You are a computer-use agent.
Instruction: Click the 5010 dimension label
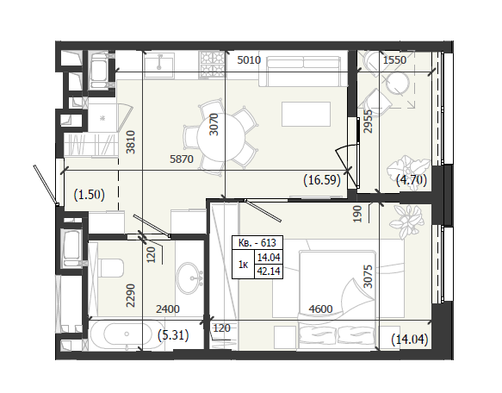click(x=249, y=60)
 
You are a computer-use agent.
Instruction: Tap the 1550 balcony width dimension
click(x=394, y=60)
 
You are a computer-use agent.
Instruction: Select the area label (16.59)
click(x=322, y=180)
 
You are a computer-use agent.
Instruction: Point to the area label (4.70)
click(x=412, y=180)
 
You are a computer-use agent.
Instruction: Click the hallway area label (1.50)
click(x=90, y=195)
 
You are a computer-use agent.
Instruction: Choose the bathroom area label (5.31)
click(x=173, y=335)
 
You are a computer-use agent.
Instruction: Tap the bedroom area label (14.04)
click(x=410, y=340)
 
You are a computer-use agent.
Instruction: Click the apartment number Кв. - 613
click(x=257, y=243)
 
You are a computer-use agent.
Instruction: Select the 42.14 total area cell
click(x=269, y=271)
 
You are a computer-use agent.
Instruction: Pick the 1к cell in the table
click(x=243, y=265)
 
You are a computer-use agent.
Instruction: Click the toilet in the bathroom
click(x=111, y=268)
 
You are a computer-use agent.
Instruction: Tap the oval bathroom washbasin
click(x=189, y=278)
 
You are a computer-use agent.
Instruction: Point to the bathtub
click(x=126, y=334)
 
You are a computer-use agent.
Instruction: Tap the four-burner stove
click(x=212, y=65)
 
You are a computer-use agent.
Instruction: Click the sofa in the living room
click(x=303, y=71)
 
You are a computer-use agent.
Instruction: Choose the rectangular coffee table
click(x=306, y=114)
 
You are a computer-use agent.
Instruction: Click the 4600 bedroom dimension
click(x=320, y=309)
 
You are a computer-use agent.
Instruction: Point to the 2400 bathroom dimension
click(x=168, y=309)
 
